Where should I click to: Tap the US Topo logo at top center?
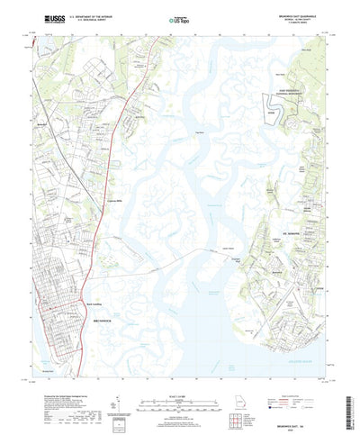click(180, 18)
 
